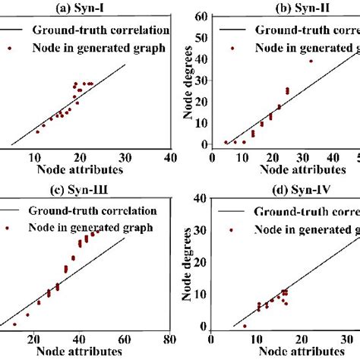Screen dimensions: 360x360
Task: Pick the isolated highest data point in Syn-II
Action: pyautogui.click(x=311, y=61)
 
